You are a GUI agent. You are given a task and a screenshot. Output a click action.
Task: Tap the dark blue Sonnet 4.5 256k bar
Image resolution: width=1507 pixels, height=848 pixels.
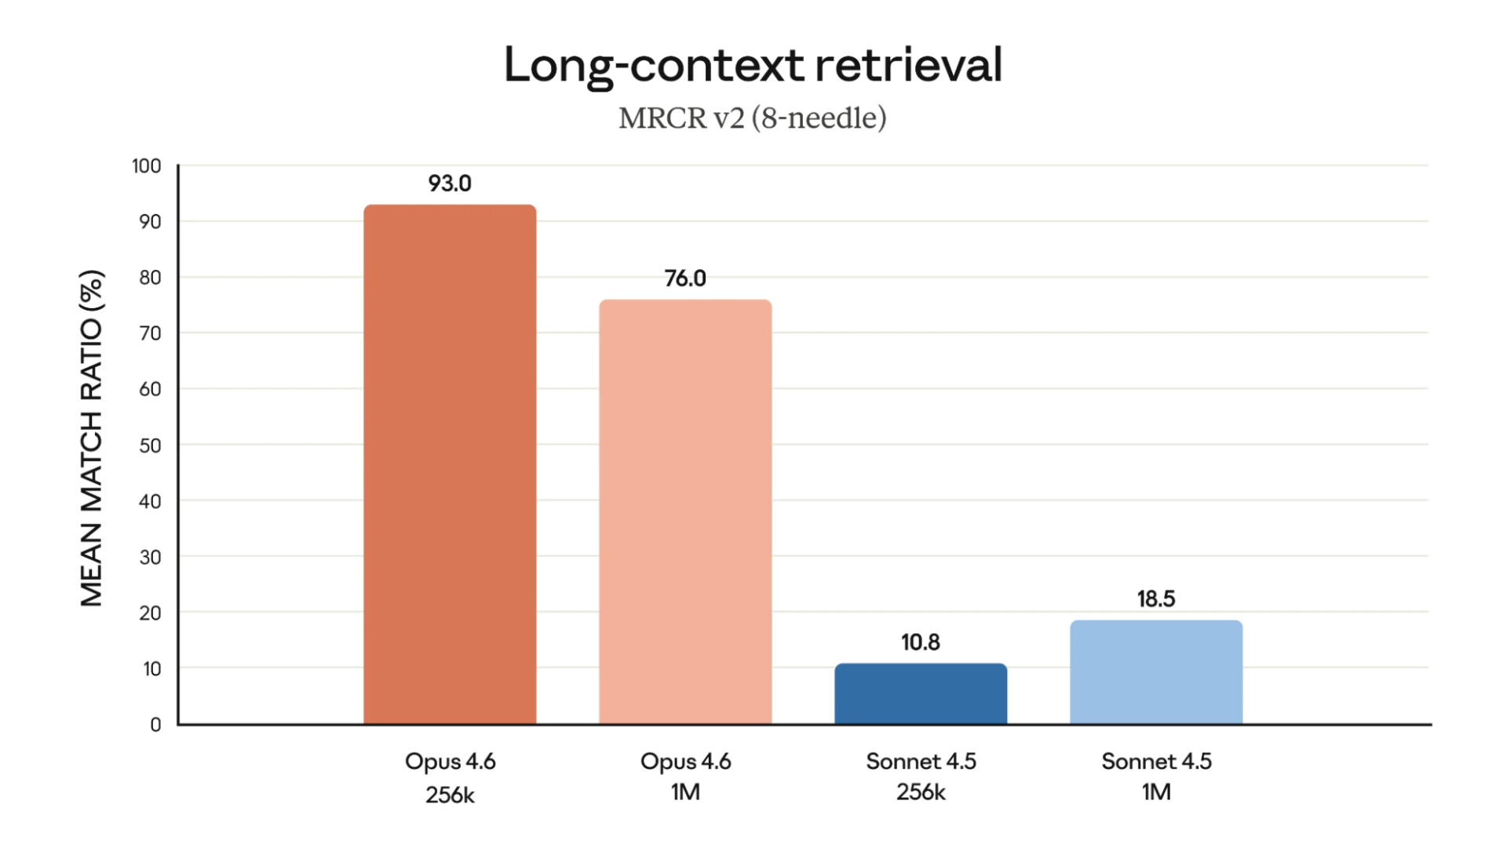click(x=921, y=693)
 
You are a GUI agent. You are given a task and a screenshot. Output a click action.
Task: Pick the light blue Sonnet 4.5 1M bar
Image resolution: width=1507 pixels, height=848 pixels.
click(x=1156, y=672)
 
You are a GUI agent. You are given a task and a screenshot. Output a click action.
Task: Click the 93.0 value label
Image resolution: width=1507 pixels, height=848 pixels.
click(x=450, y=184)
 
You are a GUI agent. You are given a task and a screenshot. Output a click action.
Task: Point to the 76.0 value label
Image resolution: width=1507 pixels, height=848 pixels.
click(x=685, y=278)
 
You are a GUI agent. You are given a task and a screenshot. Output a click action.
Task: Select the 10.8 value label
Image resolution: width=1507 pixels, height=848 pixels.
click(x=921, y=642)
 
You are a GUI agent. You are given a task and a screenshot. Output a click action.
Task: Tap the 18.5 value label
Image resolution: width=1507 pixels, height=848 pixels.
click(x=1156, y=599)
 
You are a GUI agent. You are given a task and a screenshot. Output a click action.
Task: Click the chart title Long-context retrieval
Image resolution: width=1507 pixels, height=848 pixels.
click(x=753, y=64)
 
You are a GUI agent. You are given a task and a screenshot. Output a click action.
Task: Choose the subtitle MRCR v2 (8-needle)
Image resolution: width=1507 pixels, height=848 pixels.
click(x=753, y=118)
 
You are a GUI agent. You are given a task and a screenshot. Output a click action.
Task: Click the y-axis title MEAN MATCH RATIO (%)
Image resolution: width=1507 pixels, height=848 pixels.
click(x=92, y=439)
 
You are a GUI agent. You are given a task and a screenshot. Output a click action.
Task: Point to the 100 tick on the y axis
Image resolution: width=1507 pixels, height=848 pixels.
click(x=147, y=166)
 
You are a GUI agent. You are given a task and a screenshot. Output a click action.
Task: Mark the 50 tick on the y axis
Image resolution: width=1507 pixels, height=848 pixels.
click(x=150, y=446)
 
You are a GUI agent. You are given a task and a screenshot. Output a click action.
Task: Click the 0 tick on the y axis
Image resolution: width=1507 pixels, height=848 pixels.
click(x=155, y=725)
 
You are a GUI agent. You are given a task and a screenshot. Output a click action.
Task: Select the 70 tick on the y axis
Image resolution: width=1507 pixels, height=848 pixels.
click(x=150, y=333)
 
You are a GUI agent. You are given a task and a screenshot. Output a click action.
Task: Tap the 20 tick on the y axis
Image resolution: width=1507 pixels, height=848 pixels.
click(x=150, y=613)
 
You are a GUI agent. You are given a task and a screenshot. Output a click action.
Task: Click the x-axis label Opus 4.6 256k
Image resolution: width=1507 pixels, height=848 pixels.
click(x=450, y=777)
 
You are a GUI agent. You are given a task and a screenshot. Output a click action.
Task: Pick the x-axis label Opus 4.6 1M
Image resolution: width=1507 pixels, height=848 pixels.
click(x=685, y=777)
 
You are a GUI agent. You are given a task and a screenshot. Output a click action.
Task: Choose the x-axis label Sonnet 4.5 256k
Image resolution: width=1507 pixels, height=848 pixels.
click(x=921, y=777)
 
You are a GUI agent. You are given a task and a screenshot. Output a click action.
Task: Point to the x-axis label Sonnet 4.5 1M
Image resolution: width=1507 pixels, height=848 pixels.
click(x=1156, y=777)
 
